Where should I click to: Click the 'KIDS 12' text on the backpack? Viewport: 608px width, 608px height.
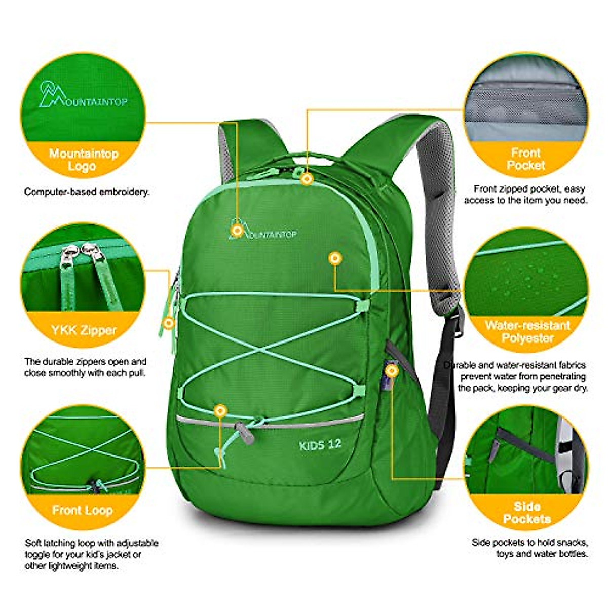coord(320,445)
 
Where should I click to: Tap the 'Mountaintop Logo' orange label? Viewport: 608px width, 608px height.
coord(84,160)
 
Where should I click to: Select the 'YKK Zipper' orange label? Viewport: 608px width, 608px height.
coord(84,331)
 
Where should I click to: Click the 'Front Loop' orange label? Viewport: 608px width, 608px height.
coord(82,510)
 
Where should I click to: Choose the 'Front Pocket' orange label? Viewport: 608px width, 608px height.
coord(526,159)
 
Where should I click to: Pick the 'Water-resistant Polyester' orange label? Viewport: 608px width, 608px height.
coord(527,331)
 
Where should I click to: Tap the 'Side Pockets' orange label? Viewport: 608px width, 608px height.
coord(526,512)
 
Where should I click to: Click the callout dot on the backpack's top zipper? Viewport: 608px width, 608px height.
coord(307,179)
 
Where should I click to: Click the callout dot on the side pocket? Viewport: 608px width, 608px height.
coord(391,370)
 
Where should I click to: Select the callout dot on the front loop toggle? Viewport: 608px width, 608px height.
coord(219,410)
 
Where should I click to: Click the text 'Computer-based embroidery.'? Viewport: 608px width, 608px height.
coord(87,192)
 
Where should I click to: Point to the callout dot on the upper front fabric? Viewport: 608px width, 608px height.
coord(334,259)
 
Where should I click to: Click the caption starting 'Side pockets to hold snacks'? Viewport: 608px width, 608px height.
coord(529,548)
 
